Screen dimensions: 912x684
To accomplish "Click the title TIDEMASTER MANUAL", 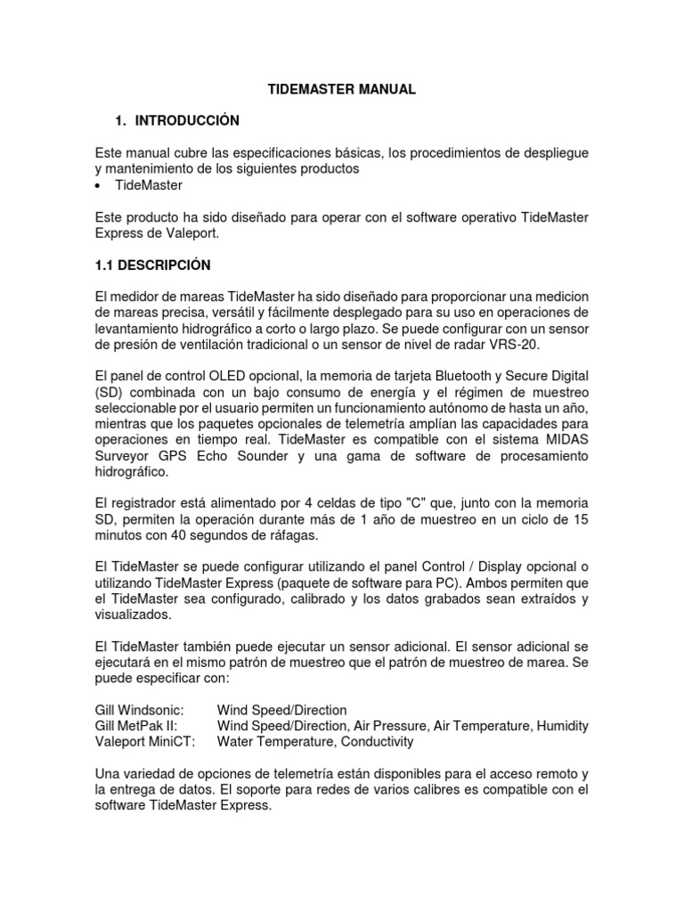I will pos(342,90).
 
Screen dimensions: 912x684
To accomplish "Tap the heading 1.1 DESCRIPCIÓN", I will pos(152,265).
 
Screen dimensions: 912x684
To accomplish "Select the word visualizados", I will pos(133,615).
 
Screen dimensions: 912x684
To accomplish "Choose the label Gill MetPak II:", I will pos(135,726).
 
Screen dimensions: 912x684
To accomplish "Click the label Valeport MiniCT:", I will pos(144,742).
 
